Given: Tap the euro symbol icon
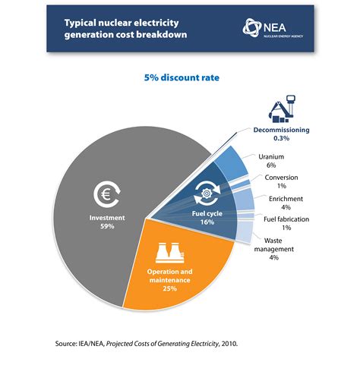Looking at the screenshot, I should coord(106,196).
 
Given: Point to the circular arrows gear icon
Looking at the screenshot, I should coord(207,195).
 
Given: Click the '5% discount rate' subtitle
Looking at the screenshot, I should coord(179,77).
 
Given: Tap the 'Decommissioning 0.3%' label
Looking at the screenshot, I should coord(282,134).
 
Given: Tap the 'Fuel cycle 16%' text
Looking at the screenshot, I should coord(207,219).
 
